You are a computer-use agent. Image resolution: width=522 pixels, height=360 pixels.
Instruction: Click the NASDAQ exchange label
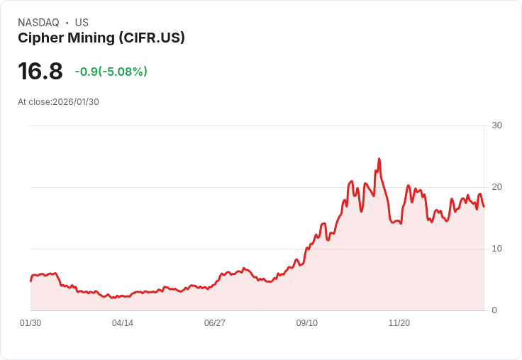click(38, 23)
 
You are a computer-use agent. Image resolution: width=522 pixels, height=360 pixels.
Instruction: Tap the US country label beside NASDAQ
click(82, 23)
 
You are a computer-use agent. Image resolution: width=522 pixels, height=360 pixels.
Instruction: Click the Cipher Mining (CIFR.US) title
click(101, 38)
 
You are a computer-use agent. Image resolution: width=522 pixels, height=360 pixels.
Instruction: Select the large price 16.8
click(40, 71)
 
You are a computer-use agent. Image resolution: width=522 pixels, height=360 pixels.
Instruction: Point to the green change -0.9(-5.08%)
click(111, 72)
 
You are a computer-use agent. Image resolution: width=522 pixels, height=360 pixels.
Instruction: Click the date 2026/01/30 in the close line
click(76, 102)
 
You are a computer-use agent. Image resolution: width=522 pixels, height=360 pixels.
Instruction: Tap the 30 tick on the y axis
click(496, 125)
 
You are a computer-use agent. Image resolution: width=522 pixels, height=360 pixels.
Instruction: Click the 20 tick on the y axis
click(496, 187)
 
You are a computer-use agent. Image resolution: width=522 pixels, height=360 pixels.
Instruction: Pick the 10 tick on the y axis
click(496, 249)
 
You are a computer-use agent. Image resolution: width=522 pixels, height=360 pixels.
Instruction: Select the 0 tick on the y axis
click(494, 310)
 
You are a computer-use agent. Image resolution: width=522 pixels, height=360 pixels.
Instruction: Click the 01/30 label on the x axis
click(30, 323)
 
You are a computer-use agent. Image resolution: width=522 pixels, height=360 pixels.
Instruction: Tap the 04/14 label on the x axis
click(123, 323)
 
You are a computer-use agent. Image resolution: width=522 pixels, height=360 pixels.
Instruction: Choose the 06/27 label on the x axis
click(215, 323)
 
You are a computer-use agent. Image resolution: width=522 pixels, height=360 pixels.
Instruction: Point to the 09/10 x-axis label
click(307, 323)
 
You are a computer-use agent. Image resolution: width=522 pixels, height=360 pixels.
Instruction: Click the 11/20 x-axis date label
click(399, 323)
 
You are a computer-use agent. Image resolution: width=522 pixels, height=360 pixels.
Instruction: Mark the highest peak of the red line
click(379, 159)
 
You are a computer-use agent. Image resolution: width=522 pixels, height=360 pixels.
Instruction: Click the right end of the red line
click(484, 207)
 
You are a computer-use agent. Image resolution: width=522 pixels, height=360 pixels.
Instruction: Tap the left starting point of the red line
click(30, 281)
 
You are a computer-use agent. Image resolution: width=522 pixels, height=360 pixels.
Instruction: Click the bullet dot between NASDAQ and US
click(67, 23)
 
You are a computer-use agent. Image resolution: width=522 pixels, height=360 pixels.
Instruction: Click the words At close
click(34, 102)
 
